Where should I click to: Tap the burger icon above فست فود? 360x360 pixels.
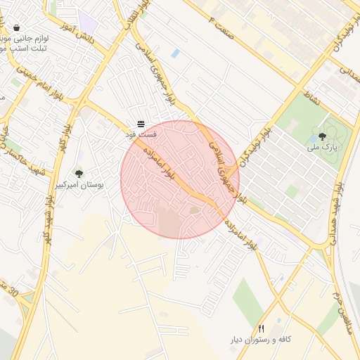click(141, 124)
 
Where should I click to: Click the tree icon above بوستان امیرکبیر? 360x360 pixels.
click(79, 174)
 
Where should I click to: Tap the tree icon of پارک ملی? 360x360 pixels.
click(322, 137)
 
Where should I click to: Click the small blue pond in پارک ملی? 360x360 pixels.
click(311, 139)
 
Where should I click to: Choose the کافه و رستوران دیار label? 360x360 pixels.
click(261, 340)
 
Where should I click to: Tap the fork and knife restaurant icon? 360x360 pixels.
click(262, 328)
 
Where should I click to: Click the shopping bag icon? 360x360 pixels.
click(16, 28)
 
